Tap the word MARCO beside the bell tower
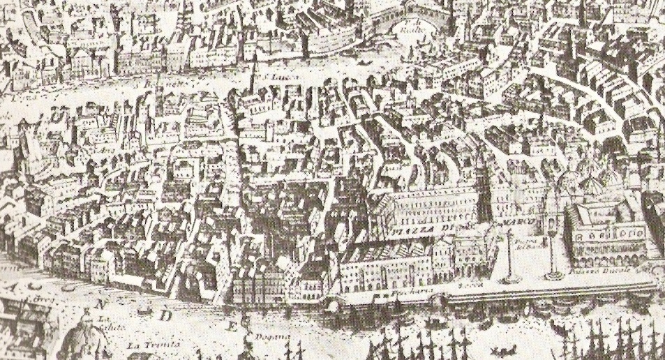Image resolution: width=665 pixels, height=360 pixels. point(518,222)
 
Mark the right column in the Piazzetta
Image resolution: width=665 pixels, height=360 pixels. point(555,251)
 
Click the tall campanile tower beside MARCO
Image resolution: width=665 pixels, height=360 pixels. point(483,188)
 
